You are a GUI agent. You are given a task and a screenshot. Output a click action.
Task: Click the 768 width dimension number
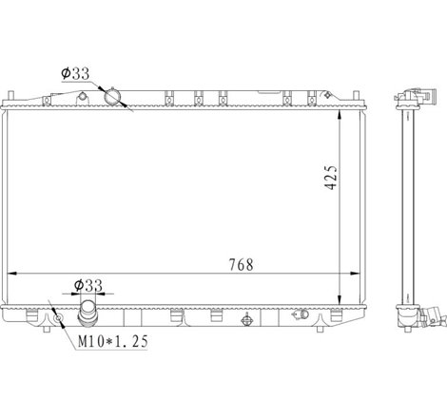(242, 265)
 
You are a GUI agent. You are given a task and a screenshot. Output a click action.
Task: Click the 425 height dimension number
(331, 177)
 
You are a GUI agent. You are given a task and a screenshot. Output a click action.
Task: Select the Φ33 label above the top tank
(75, 73)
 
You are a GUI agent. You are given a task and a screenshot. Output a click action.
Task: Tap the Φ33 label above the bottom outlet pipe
(88, 285)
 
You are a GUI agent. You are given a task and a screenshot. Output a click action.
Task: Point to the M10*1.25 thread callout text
(113, 341)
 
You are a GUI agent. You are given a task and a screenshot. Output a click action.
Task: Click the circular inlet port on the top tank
(112, 97)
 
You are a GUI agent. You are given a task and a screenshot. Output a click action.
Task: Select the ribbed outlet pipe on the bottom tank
(87, 313)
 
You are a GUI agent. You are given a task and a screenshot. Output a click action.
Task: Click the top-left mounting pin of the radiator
(10, 96)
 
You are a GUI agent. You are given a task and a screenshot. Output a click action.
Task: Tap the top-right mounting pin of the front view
(356, 96)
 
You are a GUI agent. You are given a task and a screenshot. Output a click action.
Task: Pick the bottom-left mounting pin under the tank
(47, 330)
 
